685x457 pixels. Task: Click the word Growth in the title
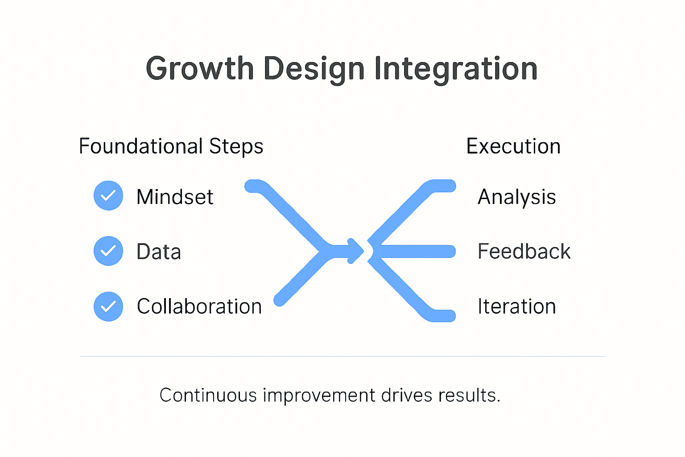(199, 69)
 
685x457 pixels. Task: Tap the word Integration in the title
(456, 70)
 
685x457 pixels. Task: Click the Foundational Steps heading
(171, 146)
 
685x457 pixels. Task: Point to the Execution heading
(513, 146)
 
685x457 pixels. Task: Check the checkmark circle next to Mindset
(108, 195)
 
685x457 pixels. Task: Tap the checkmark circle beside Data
(108, 251)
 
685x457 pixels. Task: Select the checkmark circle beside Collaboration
(108, 307)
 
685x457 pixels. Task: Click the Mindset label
(175, 197)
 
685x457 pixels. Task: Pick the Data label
(159, 252)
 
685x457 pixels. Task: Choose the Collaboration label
(199, 307)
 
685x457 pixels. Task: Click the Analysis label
(516, 197)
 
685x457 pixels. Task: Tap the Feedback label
(524, 251)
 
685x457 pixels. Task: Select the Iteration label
(516, 307)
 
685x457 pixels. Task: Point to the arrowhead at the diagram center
(357, 251)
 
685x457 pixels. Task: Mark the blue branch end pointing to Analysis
(444, 186)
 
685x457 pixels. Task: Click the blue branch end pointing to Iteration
(444, 316)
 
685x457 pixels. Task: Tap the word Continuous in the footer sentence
(208, 395)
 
